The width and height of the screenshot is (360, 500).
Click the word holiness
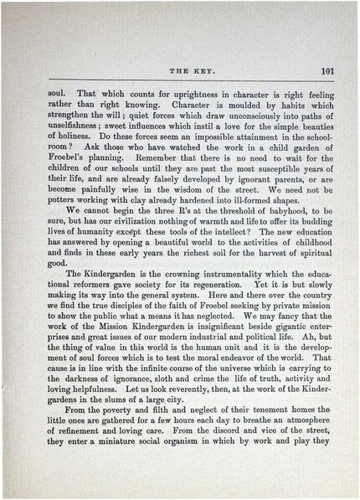click(73, 135)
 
